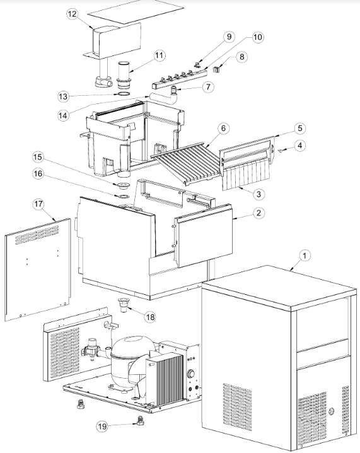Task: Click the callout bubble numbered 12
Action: (x=73, y=14)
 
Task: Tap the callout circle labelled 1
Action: (x=304, y=255)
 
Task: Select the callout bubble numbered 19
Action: (x=102, y=427)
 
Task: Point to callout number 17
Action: (x=38, y=204)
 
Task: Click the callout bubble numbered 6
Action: (x=223, y=129)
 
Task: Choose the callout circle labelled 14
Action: (x=63, y=115)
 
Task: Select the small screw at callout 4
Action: (x=281, y=150)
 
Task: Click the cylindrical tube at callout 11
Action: (x=124, y=75)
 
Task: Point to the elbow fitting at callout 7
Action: (x=175, y=90)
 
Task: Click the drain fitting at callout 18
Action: (x=124, y=306)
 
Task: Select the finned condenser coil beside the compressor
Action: (x=165, y=379)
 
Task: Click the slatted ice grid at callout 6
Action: (x=188, y=163)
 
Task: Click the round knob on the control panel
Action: (x=191, y=374)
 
